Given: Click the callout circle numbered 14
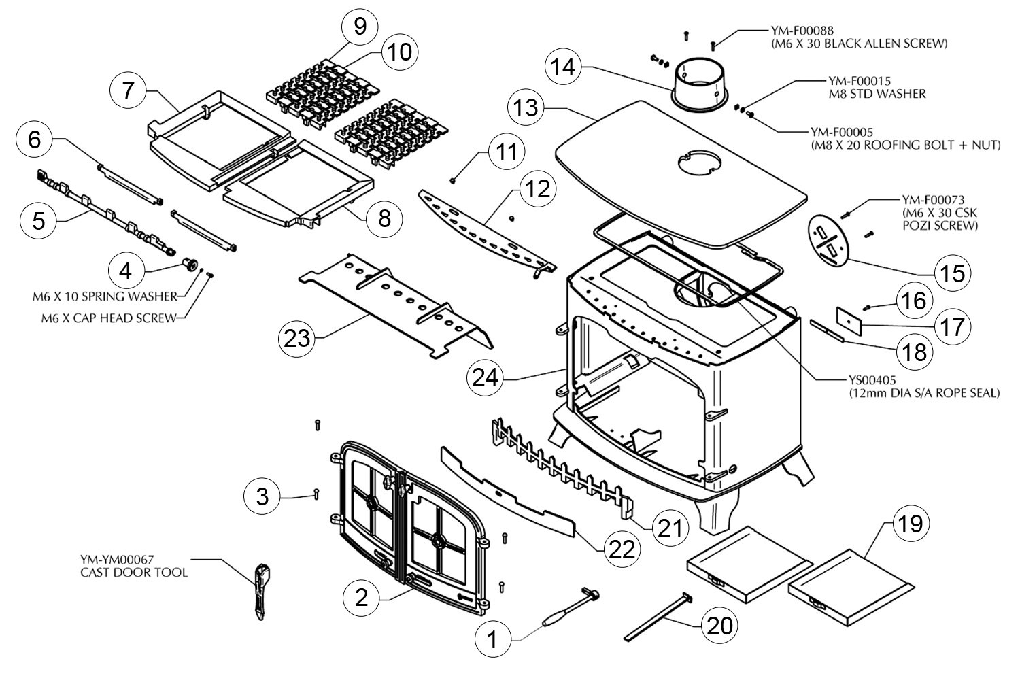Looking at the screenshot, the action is (563, 67).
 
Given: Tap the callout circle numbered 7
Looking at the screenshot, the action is (128, 90).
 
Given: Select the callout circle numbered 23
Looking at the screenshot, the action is (296, 339).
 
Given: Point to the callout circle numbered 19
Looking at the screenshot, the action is (911, 524).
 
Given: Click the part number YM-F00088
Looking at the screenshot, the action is (802, 31).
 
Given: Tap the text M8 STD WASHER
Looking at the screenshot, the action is (877, 95).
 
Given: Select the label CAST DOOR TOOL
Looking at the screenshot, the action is (134, 573).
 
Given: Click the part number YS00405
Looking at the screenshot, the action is (872, 379).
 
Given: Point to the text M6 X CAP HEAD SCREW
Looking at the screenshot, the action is (108, 318).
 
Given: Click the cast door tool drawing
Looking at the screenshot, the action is (261, 592).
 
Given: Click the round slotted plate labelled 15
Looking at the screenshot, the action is (828, 240).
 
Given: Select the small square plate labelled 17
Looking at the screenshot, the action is (849, 321).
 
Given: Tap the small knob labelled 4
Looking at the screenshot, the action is (190, 264).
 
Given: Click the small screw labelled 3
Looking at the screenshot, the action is (316, 494).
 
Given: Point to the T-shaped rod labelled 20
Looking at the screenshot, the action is (658, 617).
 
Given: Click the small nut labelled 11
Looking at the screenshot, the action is (453, 181).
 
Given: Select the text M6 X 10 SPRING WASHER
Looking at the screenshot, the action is (105, 296).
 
